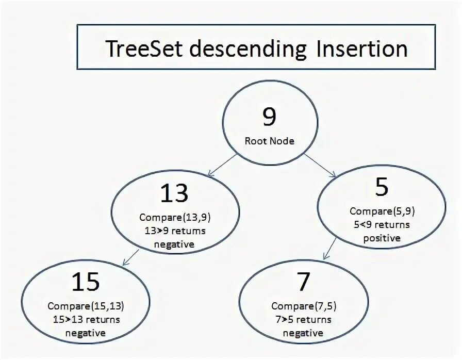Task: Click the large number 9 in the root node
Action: coord(269,118)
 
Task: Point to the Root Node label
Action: coord(269,141)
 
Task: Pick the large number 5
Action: coord(382,187)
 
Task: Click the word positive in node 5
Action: coord(382,238)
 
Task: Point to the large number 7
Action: coord(303,282)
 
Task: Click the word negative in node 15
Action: coord(86,333)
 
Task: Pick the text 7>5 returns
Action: coord(303,320)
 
